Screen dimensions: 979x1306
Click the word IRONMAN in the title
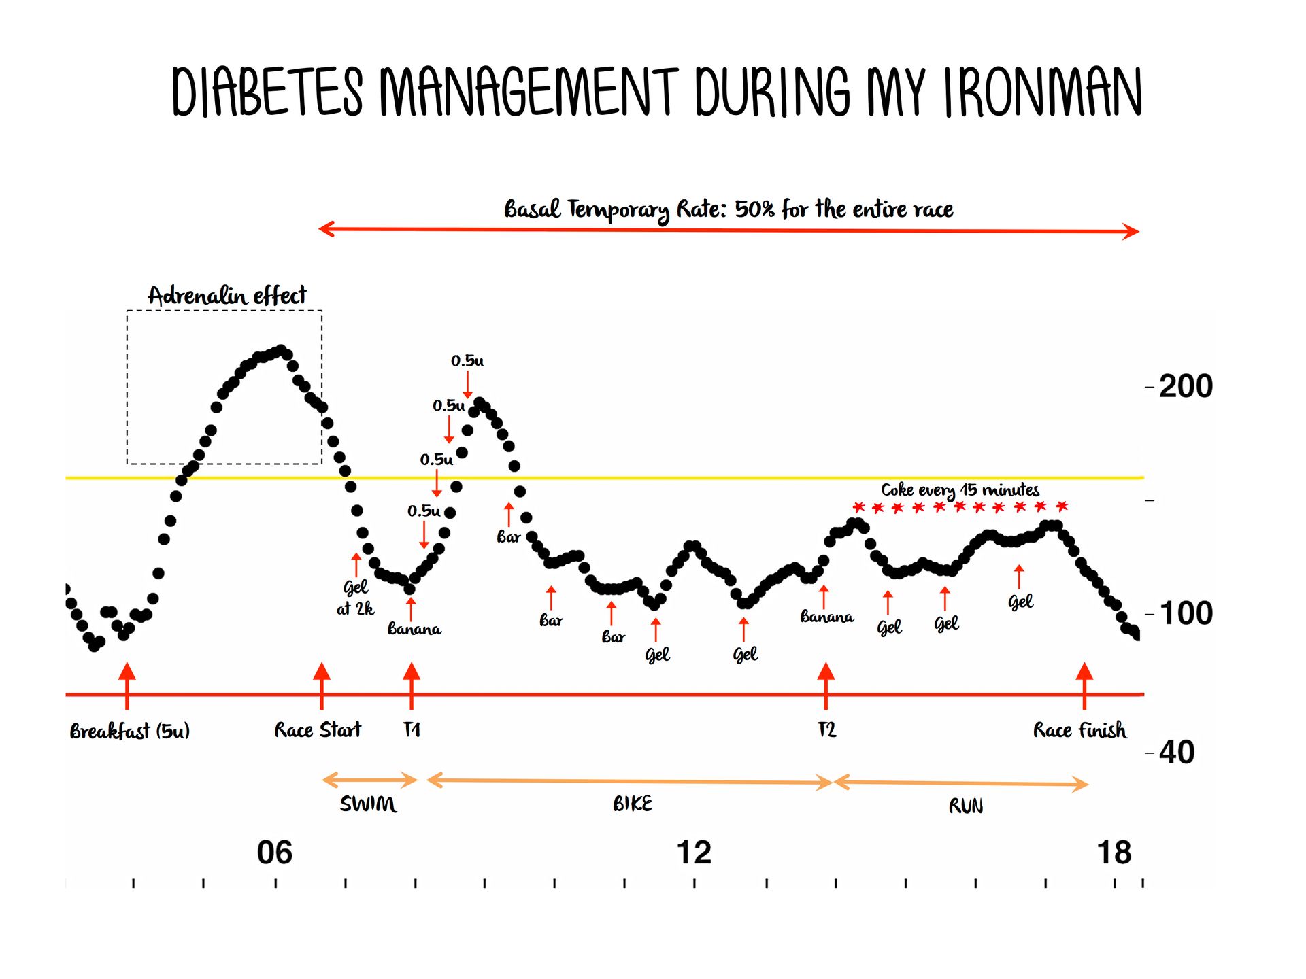[1042, 93]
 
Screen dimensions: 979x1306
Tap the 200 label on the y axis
[1185, 386]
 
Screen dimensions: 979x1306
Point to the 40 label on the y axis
[1176, 753]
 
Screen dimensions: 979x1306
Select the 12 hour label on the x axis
[694, 853]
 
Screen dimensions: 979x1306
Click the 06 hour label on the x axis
[274, 853]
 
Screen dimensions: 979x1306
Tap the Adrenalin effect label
[227, 296]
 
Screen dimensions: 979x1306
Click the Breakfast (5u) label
[129, 731]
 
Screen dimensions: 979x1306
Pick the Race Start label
[318, 730]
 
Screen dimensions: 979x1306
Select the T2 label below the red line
[826, 730]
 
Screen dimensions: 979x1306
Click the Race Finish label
[1079, 730]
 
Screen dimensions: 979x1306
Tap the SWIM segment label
[368, 804]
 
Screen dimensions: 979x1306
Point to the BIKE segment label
[632, 804]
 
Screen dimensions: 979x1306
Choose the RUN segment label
[965, 806]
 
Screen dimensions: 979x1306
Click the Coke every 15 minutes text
[960, 490]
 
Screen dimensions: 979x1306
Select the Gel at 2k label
[355, 597]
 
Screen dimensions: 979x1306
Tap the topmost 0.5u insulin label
[467, 361]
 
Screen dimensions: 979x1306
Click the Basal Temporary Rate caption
[728, 209]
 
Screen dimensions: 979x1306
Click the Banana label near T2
[826, 617]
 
